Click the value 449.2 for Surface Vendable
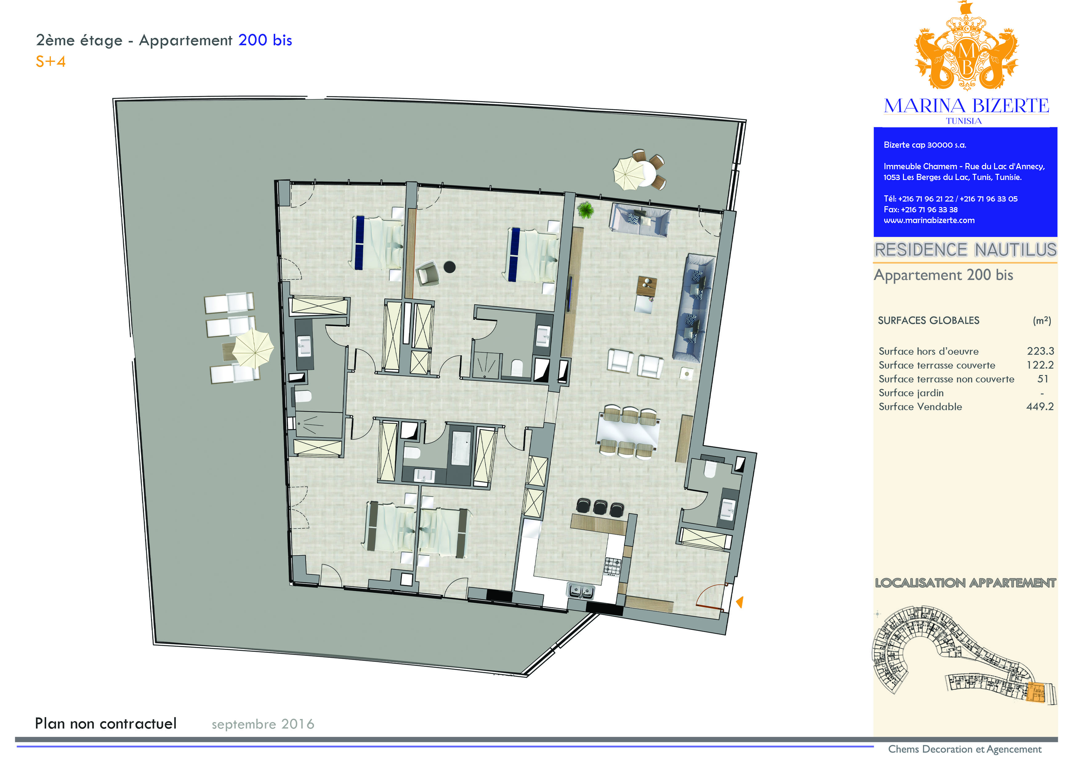[x=1040, y=407]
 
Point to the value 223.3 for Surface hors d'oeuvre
[x=1040, y=351]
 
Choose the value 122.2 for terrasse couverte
[x=1040, y=365]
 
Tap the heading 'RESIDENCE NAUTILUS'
[x=965, y=250]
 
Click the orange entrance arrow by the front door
[x=739, y=602]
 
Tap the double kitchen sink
[x=581, y=590]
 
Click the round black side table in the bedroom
[x=450, y=267]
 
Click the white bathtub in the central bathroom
[x=461, y=448]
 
